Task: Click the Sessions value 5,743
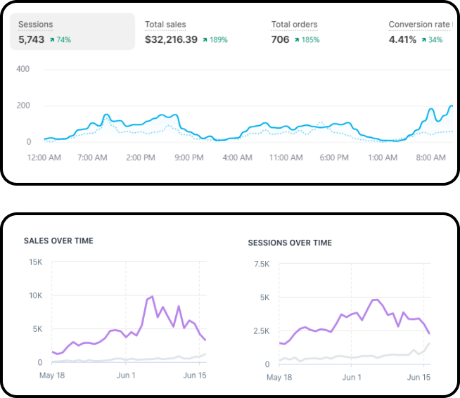31,39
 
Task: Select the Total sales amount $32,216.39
171,39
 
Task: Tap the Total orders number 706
281,39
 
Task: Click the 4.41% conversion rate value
402,39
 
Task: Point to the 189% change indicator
215,40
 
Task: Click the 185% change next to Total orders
307,40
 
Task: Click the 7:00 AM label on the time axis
92,158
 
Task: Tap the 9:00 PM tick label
189,158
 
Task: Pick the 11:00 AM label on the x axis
286,158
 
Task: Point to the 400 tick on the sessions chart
23,69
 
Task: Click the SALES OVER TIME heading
58,240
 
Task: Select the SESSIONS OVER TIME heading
290,243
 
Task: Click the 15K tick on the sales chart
36,262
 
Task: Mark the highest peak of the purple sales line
153,297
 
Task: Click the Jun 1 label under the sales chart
126,375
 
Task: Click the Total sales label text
165,25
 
